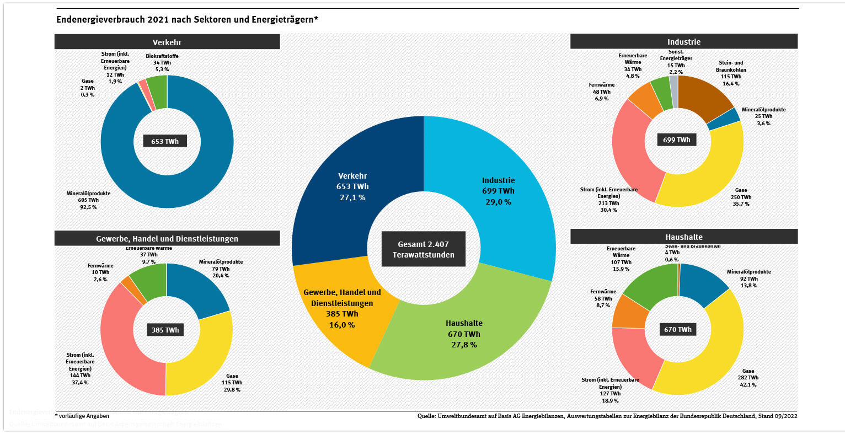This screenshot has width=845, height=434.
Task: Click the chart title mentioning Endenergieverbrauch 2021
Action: click(188, 20)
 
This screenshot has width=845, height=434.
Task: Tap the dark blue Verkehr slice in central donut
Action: click(342, 165)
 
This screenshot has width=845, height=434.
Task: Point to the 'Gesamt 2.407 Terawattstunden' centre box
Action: click(424, 249)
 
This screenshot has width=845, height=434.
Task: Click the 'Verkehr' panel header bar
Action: click(167, 42)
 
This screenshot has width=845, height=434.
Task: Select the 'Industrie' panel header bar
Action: click(683, 41)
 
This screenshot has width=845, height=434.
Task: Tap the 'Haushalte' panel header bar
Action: click(683, 237)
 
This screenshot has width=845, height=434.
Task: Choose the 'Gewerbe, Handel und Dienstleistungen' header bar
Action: click(167, 239)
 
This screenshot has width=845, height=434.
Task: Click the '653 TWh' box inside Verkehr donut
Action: click(165, 141)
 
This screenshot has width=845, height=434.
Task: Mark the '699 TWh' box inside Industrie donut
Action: click(677, 140)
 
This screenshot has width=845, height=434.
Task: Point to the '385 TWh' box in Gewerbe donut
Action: click(165, 330)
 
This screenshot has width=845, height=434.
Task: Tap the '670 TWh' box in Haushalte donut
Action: click(678, 329)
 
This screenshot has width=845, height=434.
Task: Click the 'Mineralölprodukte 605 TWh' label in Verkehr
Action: click(88, 200)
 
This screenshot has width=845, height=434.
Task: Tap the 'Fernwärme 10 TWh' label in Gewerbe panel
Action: click(100, 272)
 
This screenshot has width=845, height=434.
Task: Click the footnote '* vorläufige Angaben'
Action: click(82, 416)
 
